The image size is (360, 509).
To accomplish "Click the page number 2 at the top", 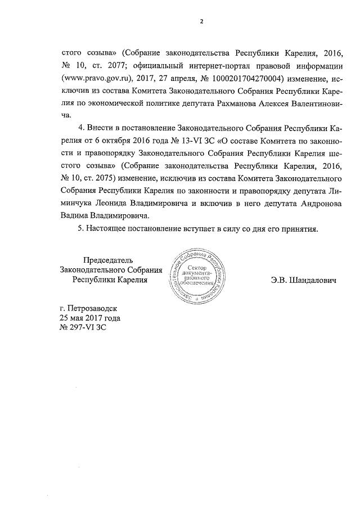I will [200, 22].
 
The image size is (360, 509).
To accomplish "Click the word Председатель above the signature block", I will [107, 260].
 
